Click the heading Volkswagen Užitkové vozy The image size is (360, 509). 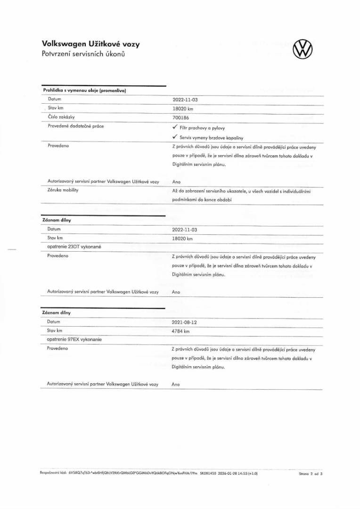click(x=90, y=44)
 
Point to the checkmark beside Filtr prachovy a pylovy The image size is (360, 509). click(x=175, y=128)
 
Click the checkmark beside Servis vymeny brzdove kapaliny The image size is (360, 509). click(x=175, y=137)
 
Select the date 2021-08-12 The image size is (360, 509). click(x=185, y=322)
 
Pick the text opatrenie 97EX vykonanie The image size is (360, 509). click(x=75, y=339)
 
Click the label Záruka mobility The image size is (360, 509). click(x=63, y=190)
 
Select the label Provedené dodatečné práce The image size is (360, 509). click(x=76, y=126)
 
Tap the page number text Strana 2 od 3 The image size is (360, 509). click(x=311, y=475)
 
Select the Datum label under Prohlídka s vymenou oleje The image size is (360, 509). click(x=55, y=99)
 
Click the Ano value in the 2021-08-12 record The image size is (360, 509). click(x=176, y=385)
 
